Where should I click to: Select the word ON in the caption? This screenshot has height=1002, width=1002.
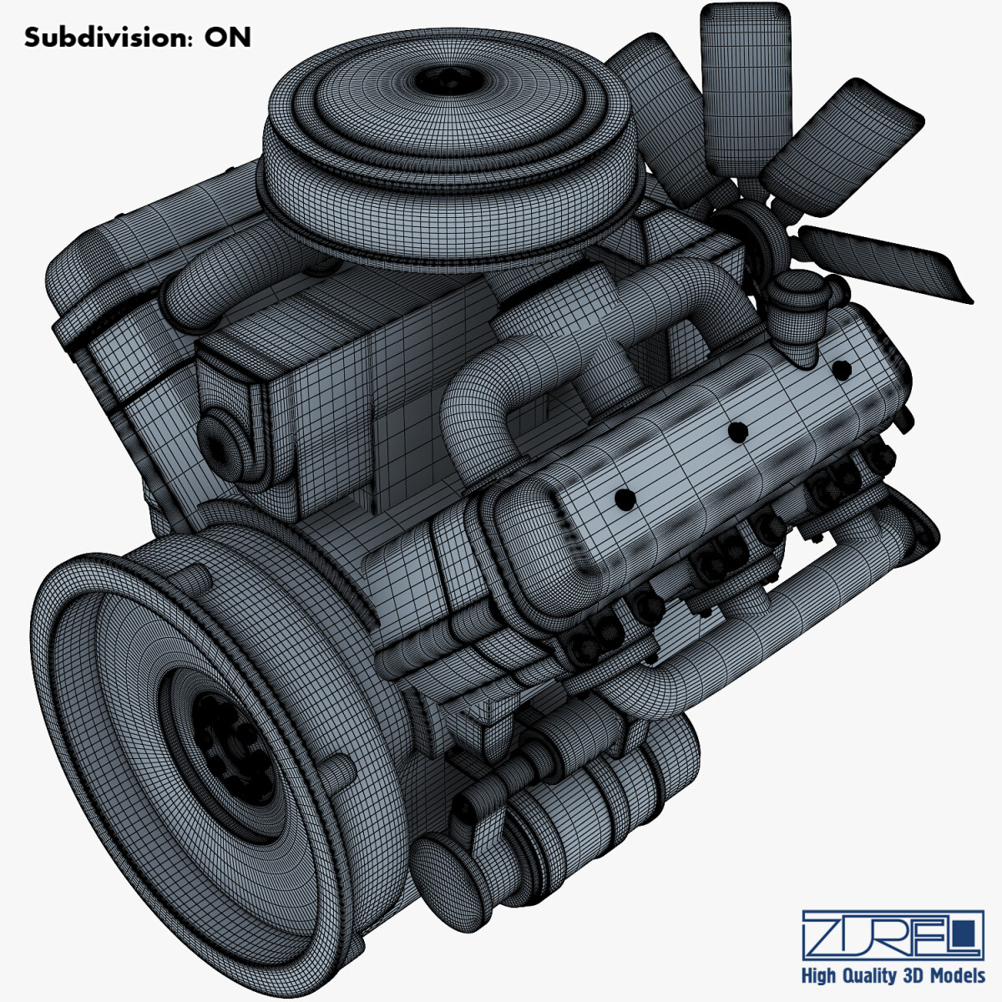coord(228,38)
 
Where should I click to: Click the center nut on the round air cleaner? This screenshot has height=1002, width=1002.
coord(447,82)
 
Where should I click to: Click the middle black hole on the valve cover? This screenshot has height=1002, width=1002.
coord(736,432)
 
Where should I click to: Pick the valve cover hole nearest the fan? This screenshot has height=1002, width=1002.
coord(841,368)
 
